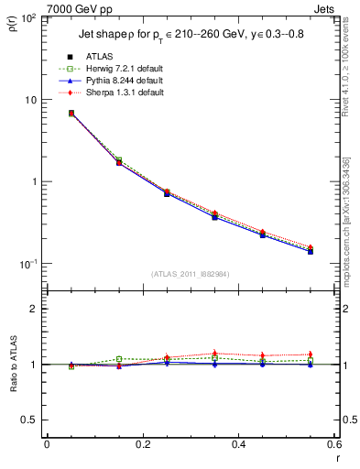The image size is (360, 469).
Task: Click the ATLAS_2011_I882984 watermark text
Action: [190, 274]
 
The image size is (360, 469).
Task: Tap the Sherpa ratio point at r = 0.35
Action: [214, 354]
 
